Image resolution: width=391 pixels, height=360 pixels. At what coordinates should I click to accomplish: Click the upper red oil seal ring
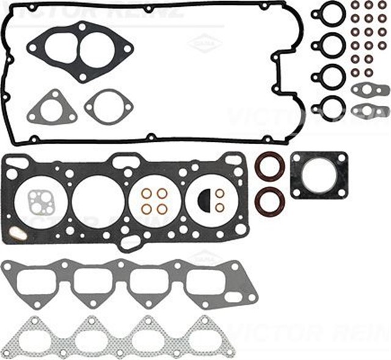click(x=268, y=167)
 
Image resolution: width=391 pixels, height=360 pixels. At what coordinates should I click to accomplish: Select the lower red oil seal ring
click(x=268, y=201)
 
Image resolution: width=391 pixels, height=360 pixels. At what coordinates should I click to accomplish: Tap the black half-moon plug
click(x=205, y=199)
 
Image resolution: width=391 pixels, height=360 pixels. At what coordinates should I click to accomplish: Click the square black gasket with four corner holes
click(x=318, y=174)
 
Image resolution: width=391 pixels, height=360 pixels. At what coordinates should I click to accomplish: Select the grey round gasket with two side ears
click(x=108, y=107)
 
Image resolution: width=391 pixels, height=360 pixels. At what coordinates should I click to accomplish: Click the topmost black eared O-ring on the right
click(x=329, y=13)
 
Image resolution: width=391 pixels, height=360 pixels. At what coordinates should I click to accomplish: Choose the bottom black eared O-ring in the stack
click(x=329, y=107)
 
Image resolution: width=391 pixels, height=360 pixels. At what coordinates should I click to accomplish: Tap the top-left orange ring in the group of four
click(x=147, y=194)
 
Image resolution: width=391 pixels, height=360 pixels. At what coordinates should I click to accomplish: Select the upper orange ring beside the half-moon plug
click(x=219, y=193)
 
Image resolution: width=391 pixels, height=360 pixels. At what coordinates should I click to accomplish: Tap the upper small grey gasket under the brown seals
click(x=370, y=90)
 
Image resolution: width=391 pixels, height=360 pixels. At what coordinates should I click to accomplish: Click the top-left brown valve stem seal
click(x=356, y=6)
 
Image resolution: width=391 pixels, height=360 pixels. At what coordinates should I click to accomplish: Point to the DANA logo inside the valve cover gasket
click(x=203, y=44)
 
